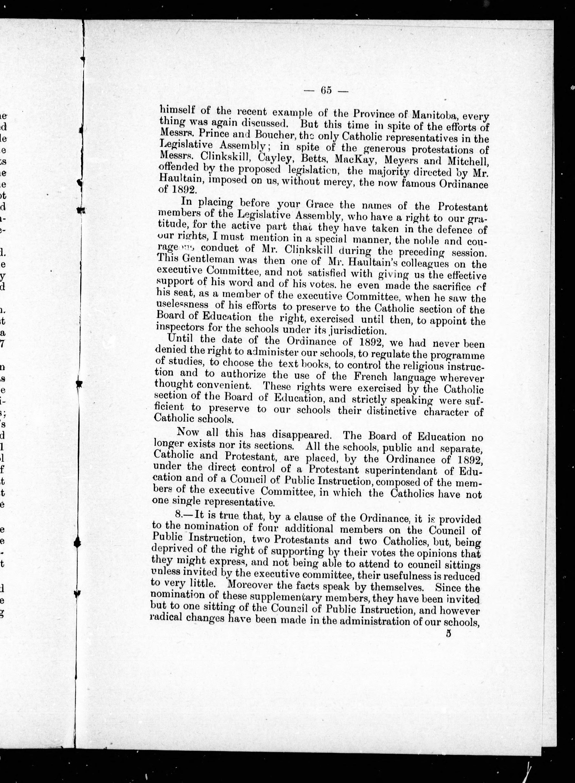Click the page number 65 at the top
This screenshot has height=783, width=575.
[326, 90]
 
